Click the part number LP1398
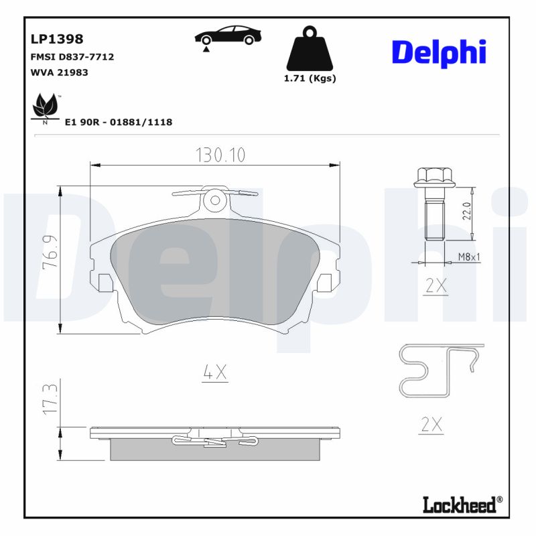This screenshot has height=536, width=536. tap(57, 40)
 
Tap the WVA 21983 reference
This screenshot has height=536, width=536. tap(60, 72)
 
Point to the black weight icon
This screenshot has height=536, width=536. tap(310, 49)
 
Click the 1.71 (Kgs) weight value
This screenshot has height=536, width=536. tap(310, 78)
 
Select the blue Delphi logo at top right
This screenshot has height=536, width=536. tap(439, 52)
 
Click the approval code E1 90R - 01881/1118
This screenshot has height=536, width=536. tap(119, 122)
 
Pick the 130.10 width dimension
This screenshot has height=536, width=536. tap(220, 155)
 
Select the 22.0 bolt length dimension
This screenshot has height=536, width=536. tap(466, 211)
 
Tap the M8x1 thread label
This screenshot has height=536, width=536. tap(469, 257)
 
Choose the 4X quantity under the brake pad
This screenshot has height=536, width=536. tap(215, 373)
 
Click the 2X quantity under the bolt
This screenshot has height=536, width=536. tap(436, 286)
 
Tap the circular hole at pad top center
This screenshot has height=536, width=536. tap(215, 199)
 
